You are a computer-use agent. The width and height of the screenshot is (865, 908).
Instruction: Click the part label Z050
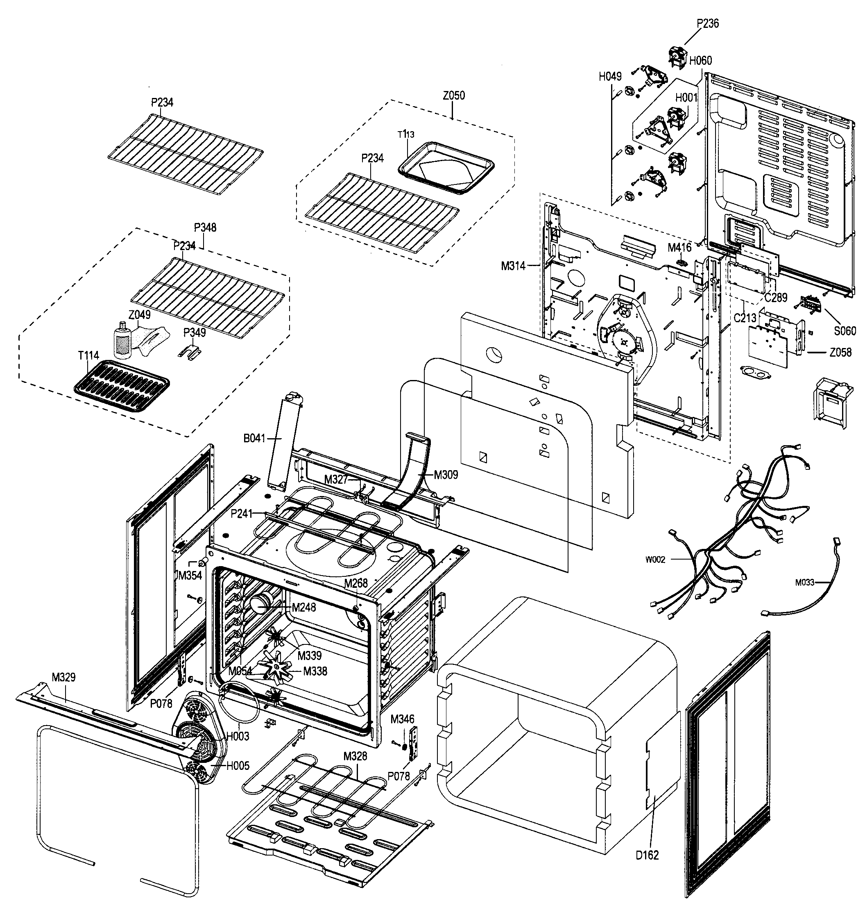click(453, 96)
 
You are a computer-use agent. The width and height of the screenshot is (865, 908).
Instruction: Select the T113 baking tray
click(446, 168)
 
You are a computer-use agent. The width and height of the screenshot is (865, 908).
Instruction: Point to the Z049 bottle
click(122, 342)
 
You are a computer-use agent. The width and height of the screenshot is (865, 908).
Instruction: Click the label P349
click(194, 332)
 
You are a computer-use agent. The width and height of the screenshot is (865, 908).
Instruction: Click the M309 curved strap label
click(446, 475)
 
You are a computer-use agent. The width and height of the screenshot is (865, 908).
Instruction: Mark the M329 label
click(63, 677)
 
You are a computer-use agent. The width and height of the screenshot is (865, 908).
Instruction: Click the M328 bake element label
click(355, 756)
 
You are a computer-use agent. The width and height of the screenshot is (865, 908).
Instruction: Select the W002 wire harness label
click(655, 560)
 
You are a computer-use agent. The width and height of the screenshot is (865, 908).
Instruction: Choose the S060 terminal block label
click(845, 331)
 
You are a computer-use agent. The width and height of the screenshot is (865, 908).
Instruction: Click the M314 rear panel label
click(513, 266)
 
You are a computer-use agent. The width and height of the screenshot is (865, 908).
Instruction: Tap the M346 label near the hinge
click(402, 719)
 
